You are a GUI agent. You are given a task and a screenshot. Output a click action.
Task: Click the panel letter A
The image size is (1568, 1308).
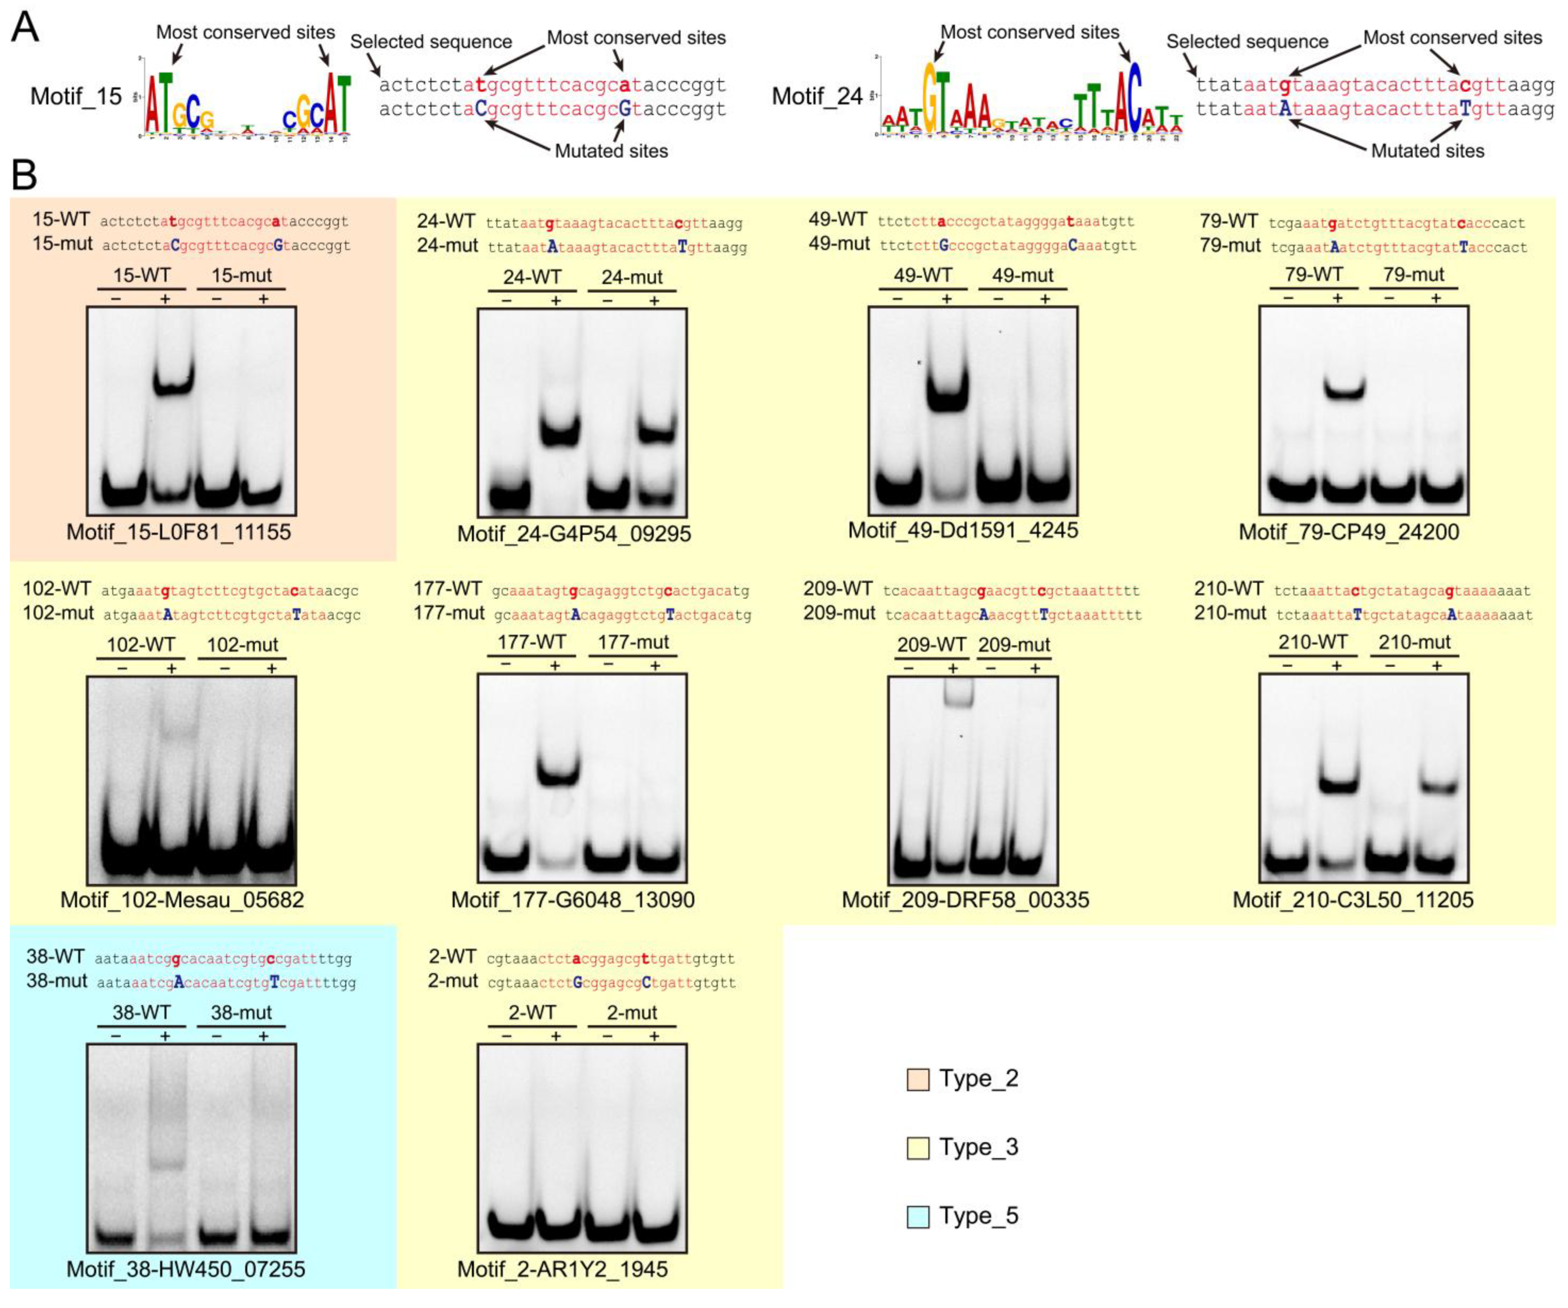[25, 28]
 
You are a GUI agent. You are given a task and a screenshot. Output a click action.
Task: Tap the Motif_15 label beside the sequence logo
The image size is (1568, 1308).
[76, 96]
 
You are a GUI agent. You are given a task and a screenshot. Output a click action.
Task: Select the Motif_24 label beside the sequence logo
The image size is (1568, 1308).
[817, 96]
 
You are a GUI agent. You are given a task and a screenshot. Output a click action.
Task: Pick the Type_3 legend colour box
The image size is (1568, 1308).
[917, 1147]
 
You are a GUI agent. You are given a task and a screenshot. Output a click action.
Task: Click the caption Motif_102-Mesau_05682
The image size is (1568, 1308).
[182, 900]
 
